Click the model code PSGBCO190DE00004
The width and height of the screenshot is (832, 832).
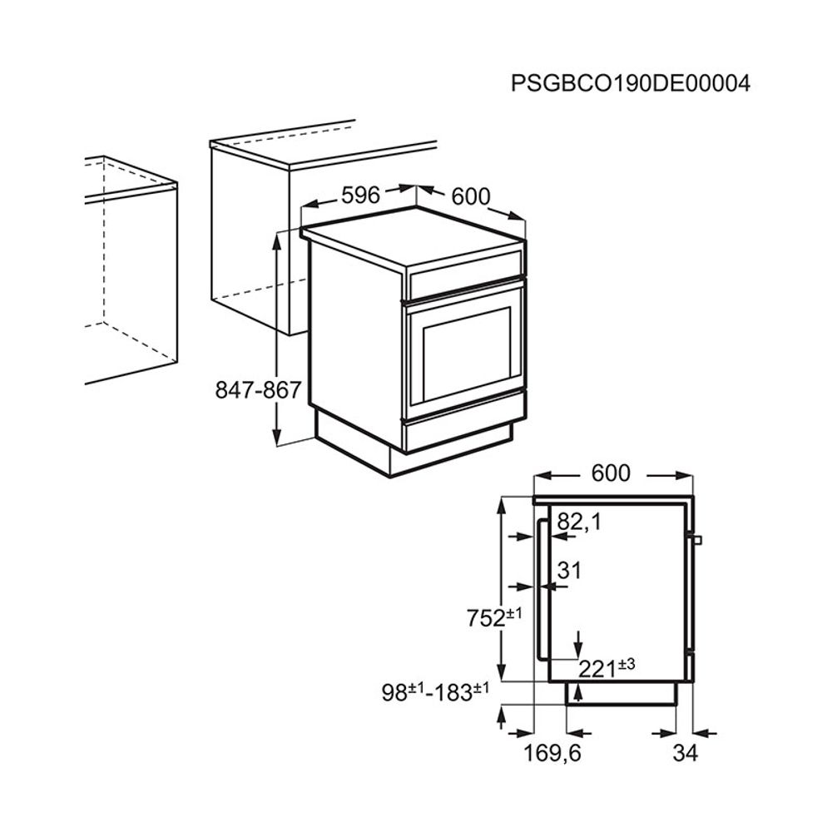click(x=631, y=84)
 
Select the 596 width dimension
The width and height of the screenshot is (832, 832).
click(x=361, y=196)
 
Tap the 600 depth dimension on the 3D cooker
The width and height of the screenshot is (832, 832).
click(x=471, y=197)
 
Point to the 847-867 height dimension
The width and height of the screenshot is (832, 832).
click(x=259, y=390)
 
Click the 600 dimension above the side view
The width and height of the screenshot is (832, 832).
click(x=611, y=473)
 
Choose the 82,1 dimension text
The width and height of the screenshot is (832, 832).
click(x=579, y=522)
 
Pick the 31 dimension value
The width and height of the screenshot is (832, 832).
click(x=570, y=571)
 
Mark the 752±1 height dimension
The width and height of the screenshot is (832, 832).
click(x=494, y=617)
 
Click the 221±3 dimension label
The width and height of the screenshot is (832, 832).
click(x=607, y=668)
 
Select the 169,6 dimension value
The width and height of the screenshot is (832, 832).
click(x=552, y=753)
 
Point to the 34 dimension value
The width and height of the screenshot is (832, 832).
click(x=685, y=752)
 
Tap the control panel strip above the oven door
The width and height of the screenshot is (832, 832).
click(x=465, y=275)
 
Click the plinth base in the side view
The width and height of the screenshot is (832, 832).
click(x=622, y=693)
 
